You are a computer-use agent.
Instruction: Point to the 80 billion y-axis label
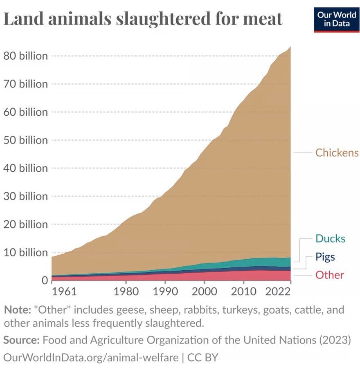pyautogui.click(x=25, y=56)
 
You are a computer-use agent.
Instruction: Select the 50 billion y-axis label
pyautogui.click(x=25, y=140)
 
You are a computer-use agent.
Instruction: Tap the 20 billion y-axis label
pyautogui.click(x=25, y=224)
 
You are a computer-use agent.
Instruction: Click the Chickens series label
pyautogui.click(x=337, y=153)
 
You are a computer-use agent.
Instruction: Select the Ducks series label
pyautogui.click(x=330, y=239)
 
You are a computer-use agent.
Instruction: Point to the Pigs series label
pyautogui.click(x=325, y=257)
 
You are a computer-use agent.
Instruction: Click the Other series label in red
pyautogui.click(x=329, y=275)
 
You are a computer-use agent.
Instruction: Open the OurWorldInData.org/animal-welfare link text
pyautogui.click(x=91, y=357)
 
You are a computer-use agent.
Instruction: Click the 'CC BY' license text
pyautogui.click(x=202, y=357)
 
